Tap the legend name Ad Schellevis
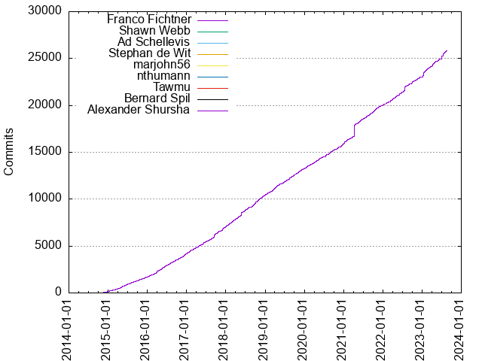pyautogui.click(x=154, y=41)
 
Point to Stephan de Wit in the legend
pyautogui.click(x=149, y=53)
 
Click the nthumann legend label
pyautogui.click(x=163, y=76)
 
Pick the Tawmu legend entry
pyautogui.click(x=171, y=87)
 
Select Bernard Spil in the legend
pyautogui.click(x=157, y=99)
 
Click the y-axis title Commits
pyautogui.click(x=10, y=152)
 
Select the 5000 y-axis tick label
pyautogui.click(x=47, y=246)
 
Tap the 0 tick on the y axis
pyautogui.click(x=57, y=293)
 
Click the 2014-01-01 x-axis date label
pyautogui.click(x=69, y=328)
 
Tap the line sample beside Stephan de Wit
pyautogui.click(x=212, y=53)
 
